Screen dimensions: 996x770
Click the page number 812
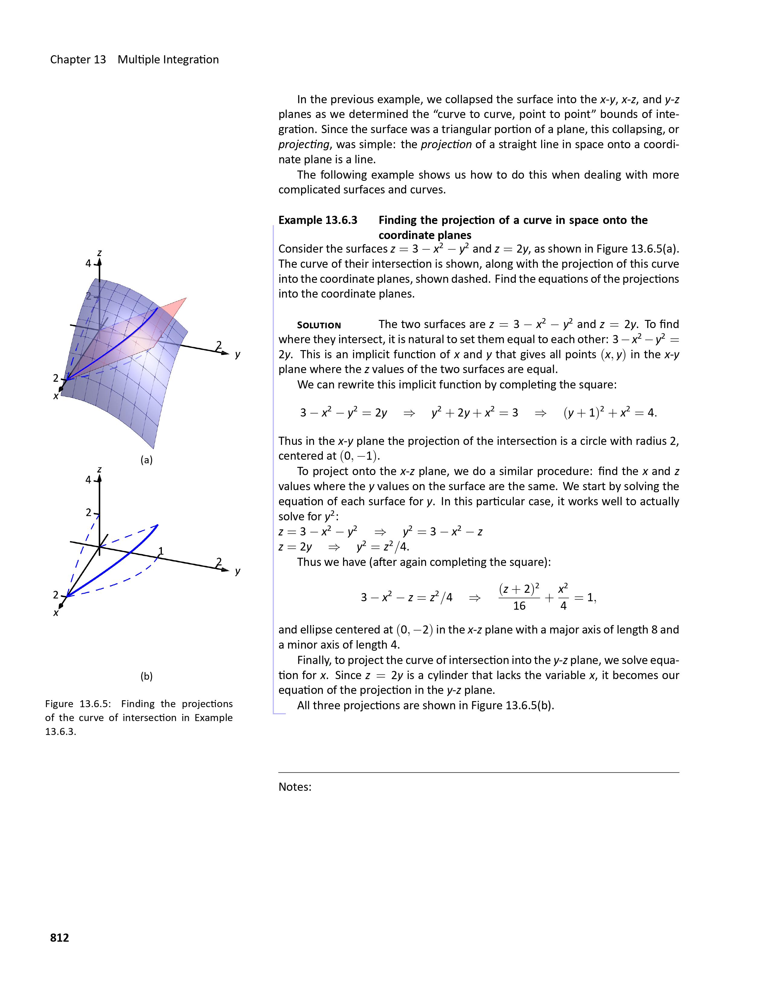[59, 938]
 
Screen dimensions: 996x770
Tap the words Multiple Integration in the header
[168, 60]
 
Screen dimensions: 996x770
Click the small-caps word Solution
[319, 325]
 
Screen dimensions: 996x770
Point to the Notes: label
[295, 787]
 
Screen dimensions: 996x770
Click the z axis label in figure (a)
[99, 253]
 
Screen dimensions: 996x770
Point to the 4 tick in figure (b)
[88, 480]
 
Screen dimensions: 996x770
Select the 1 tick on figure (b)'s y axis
[161, 551]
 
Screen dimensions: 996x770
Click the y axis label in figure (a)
[238, 354]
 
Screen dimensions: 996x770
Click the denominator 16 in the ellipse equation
[519, 606]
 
